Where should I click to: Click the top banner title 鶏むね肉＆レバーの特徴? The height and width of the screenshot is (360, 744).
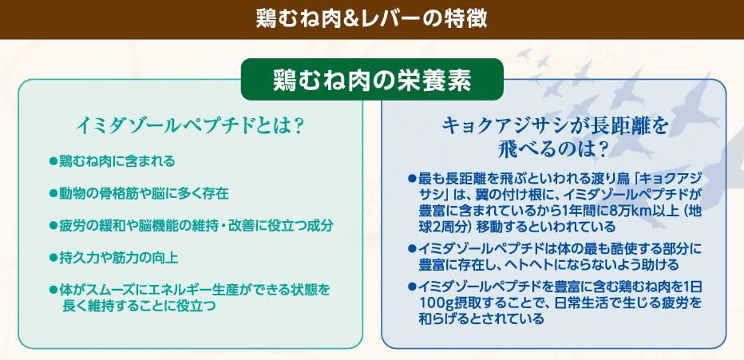371,19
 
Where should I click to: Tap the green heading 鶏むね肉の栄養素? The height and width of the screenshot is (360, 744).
372,81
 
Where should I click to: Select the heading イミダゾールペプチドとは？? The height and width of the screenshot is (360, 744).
190,127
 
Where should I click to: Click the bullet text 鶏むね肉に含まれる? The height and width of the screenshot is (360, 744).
117,161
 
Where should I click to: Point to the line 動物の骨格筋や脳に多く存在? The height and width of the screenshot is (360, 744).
144,193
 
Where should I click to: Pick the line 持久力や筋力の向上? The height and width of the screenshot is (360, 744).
119,258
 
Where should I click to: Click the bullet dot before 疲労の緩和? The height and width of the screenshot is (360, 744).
53,226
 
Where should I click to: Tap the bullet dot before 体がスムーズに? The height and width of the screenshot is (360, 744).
53,289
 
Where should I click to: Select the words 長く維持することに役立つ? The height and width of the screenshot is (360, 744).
139,306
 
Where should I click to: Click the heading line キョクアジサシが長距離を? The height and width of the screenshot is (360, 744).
555,127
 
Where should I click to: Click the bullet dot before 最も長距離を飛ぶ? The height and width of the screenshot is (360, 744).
412,179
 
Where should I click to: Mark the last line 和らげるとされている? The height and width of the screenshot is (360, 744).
481,318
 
